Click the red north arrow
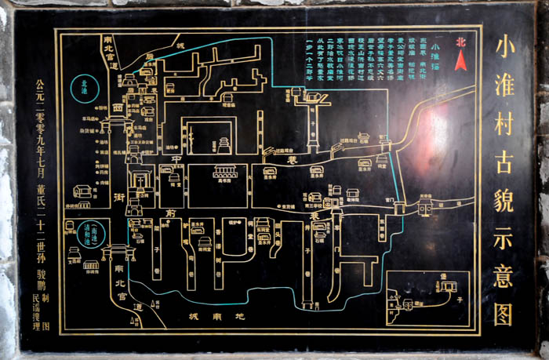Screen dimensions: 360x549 coord(460,60)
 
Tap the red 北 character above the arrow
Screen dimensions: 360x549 coord(460,44)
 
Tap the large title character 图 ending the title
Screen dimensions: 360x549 coord(503,313)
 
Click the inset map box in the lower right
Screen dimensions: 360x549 coord(427,298)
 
